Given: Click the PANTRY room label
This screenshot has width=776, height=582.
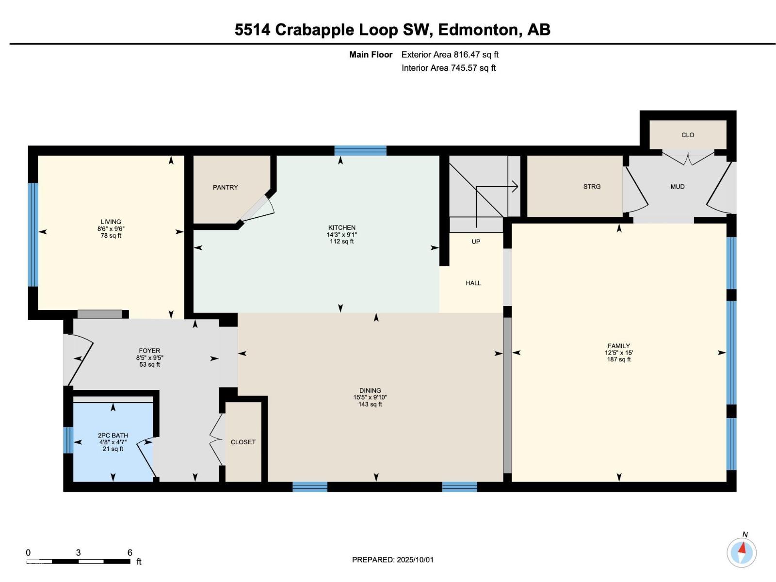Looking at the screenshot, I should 225,187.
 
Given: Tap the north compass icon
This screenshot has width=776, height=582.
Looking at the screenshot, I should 741,552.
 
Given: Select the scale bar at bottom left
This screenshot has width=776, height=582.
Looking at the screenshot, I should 79,561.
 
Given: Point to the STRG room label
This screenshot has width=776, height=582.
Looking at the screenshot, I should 592,186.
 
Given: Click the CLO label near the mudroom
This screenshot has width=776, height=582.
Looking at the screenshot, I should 687,135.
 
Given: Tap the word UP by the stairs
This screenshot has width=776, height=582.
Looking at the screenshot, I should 476,242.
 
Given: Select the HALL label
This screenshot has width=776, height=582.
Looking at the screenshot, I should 473,283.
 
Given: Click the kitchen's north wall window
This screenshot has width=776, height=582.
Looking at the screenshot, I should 360,150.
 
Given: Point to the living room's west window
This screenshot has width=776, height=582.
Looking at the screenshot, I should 33,234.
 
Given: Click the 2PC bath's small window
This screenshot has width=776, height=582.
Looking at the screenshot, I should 68,440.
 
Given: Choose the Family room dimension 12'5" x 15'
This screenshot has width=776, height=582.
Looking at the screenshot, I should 618,353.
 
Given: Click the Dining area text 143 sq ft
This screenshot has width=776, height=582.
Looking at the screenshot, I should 370,404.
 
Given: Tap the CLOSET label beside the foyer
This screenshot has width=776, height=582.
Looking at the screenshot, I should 243,442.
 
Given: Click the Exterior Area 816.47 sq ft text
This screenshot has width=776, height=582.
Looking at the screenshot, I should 450,55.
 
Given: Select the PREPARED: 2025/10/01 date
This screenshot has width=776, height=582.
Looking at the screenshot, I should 393,559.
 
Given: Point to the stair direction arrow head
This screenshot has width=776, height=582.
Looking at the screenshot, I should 516,186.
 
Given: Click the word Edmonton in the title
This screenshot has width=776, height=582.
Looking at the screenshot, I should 477,30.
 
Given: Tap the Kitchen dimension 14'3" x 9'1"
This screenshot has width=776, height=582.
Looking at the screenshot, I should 341,234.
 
